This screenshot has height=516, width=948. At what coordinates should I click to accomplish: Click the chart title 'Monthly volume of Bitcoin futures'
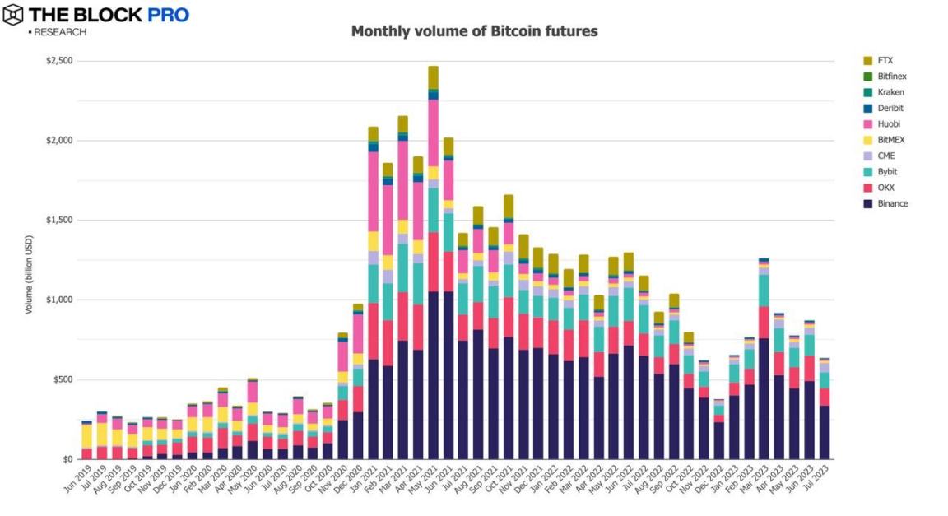click(x=474, y=31)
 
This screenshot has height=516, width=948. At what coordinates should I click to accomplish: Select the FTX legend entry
click(x=885, y=61)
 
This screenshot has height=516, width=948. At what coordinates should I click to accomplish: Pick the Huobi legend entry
click(x=889, y=124)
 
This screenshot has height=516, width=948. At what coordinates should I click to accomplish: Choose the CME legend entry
click(x=886, y=156)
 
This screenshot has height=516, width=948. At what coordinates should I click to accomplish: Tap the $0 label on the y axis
click(x=68, y=459)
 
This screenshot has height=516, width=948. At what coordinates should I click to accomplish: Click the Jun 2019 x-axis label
click(x=77, y=480)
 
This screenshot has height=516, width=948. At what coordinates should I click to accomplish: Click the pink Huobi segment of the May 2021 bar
click(x=433, y=132)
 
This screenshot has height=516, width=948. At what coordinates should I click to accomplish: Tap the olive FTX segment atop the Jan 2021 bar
click(x=373, y=134)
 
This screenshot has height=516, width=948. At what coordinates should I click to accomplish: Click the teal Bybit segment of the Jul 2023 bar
click(x=825, y=379)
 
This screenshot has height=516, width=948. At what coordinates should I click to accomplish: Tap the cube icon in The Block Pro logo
click(x=13, y=15)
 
